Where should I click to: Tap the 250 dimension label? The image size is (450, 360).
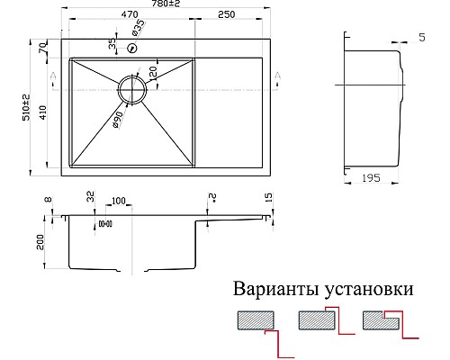[x=226, y=15]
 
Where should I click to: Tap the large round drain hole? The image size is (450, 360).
[x=132, y=90]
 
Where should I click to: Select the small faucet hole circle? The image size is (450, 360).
[x=132, y=49]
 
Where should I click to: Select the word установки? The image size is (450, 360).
[x=369, y=291]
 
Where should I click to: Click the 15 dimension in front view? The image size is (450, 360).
[x=267, y=197]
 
